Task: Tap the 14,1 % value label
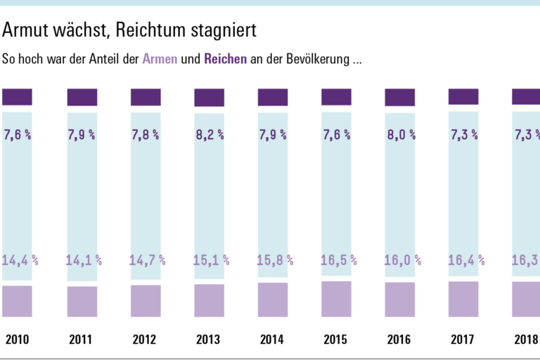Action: coord(83,260)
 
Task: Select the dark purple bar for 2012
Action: coord(146,97)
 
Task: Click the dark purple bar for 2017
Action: coord(463,96)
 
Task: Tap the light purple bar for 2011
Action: coord(82,301)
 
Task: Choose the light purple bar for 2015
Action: coord(336,299)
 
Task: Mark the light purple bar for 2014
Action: coord(273,300)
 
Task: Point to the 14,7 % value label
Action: coord(147,260)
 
